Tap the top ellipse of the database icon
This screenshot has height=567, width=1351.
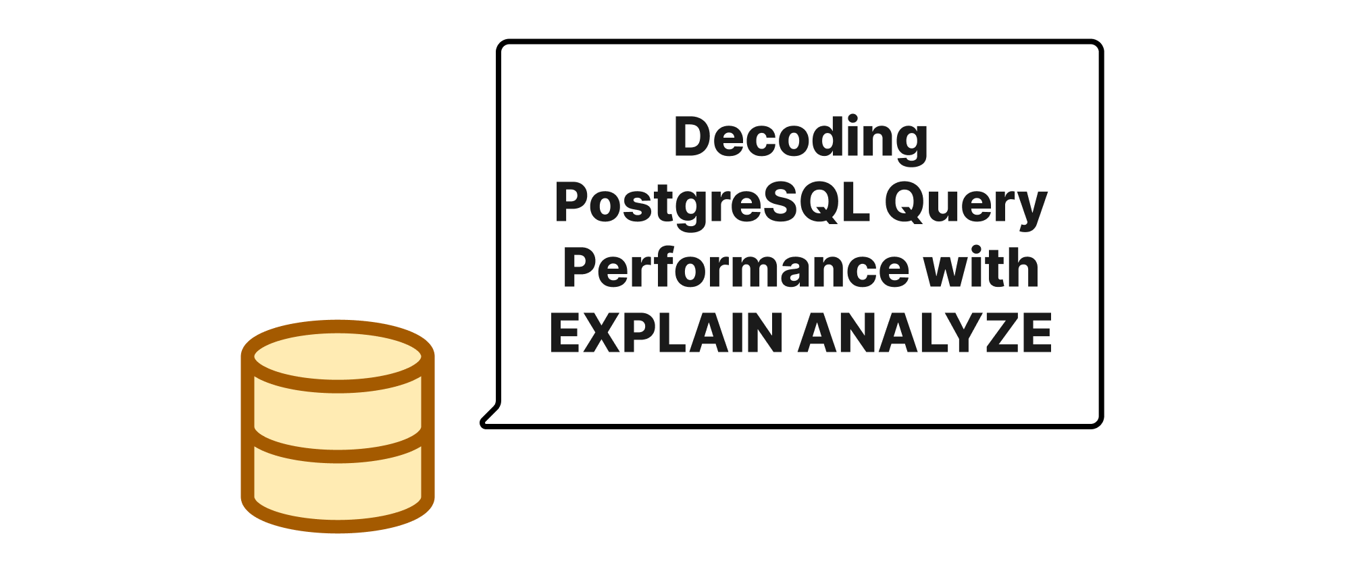(x=338, y=356)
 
